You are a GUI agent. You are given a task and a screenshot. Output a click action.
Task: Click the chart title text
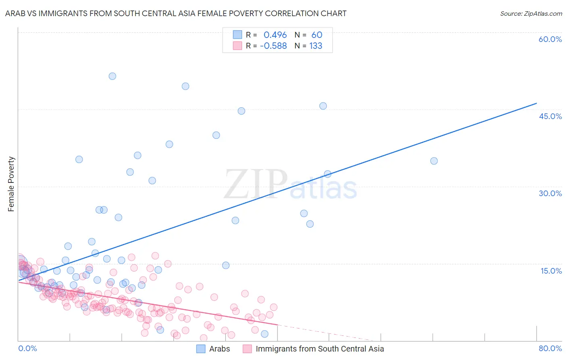pyautogui.click(x=176, y=13)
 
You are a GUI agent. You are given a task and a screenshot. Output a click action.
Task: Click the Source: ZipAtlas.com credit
pyautogui.click(x=531, y=13)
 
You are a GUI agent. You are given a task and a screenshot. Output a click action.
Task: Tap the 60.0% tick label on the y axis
pyautogui.click(x=550, y=39)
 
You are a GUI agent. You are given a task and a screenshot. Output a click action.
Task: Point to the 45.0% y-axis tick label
pyautogui.click(x=550, y=116)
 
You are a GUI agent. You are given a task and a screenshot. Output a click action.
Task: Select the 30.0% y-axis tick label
pyautogui.click(x=550, y=193)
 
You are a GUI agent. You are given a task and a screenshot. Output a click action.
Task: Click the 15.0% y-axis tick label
pyautogui.click(x=551, y=270)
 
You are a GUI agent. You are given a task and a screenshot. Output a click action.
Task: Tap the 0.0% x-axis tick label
pyautogui.click(x=27, y=348)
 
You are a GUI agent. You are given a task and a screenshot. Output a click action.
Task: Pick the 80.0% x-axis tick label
pyautogui.click(x=550, y=348)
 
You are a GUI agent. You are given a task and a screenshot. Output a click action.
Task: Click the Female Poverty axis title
pyautogui.click(x=11, y=184)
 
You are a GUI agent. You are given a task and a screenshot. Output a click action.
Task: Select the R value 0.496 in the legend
pyautogui.click(x=275, y=35)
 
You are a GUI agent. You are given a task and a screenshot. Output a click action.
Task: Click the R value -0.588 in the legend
pyautogui.click(x=273, y=46)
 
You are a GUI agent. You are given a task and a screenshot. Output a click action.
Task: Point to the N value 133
pyautogui.click(x=316, y=46)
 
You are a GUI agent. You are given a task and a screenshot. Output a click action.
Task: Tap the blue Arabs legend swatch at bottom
pyautogui.click(x=201, y=349)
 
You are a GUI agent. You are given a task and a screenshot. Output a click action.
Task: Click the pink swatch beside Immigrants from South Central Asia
pyautogui.click(x=247, y=349)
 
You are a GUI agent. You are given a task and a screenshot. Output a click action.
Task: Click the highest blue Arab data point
pyautogui.click(x=113, y=76)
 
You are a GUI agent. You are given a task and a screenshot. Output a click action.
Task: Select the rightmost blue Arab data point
pyautogui.click(x=434, y=161)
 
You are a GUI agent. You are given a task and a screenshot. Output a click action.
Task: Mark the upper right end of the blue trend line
pyautogui.click(x=536, y=103)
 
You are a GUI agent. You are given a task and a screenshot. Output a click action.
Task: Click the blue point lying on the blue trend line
pyautogui.click(x=327, y=174)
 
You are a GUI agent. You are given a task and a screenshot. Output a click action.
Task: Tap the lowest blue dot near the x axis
pyautogui.click(x=265, y=334)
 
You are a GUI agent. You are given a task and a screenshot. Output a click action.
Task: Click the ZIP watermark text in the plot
pyautogui.click(x=256, y=184)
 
